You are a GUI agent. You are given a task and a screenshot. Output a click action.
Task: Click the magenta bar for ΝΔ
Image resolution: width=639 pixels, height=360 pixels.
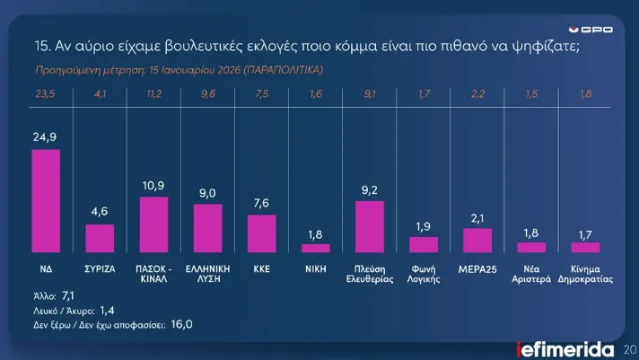[46, 201]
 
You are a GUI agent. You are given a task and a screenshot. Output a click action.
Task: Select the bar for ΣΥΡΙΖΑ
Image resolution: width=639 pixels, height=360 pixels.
[100, 238]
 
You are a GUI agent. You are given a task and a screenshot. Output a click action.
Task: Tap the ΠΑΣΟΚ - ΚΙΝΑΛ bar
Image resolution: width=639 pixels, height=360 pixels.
[153, 224]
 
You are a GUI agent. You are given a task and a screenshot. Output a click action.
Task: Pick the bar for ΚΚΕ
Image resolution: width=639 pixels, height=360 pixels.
[261, 233]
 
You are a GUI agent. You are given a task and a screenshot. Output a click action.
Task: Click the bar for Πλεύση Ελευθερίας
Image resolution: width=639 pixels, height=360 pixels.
[370, 226]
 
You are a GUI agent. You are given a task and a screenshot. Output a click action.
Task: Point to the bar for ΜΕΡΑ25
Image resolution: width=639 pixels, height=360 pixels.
[477, 240]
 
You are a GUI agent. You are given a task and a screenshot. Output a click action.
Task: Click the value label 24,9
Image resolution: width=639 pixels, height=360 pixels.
[46, 137]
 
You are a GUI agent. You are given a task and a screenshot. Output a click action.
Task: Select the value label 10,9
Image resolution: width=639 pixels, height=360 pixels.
[153, 185]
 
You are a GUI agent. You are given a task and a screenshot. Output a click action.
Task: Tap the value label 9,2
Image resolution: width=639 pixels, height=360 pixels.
[370, 189]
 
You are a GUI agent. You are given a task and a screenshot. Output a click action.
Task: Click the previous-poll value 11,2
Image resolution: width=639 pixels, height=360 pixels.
[153, 92]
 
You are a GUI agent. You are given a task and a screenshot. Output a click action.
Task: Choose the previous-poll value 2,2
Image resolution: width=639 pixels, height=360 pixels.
[477, 92]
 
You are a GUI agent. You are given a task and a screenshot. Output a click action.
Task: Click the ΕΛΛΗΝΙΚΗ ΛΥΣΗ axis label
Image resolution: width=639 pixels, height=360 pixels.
[207, 273]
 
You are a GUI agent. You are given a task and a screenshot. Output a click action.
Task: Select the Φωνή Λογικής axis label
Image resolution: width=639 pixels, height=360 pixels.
[424, 273]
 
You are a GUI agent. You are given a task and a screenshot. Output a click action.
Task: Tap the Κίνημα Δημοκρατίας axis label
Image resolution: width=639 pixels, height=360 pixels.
[585, 273]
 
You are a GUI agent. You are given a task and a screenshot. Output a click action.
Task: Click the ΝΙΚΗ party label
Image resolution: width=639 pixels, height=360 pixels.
[316, 268]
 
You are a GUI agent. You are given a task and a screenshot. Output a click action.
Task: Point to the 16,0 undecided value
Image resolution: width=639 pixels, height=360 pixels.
[182, 323]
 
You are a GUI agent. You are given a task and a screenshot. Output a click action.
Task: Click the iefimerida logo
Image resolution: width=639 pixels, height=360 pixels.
[565, 348]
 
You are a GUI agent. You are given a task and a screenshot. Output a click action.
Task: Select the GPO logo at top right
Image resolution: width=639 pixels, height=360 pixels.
[597, 29]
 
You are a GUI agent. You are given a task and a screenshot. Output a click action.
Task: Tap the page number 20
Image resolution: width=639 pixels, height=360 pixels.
[629, 348]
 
